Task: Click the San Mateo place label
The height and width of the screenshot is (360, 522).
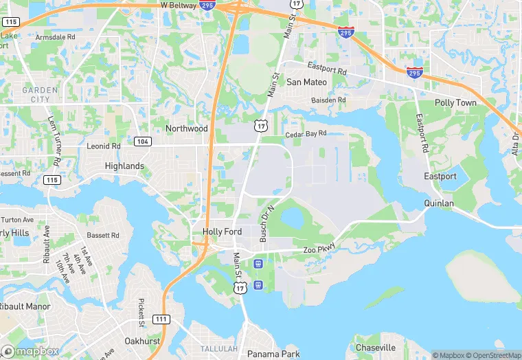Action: pyautogui.click(x=306, y=82)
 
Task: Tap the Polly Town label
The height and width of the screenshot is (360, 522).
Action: pyautogui.click(x=455, y=102)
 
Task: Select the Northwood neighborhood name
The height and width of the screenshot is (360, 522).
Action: pyautogui.click(x=186, y=128)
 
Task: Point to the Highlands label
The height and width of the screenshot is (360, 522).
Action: pyautogui.click(x=124, y=166)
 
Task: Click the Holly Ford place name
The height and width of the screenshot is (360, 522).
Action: pyautogui.click(x=222, y=232)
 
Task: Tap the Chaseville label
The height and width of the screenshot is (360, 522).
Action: pyautogui.click(x=376, y=348)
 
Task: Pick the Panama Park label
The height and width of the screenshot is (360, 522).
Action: pyautogui.click(x=273, y=355)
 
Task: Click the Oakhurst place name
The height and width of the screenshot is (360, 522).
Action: pyautogui.click(x=142, y=341)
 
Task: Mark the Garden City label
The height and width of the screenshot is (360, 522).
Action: pyautogui.click(x=36, y=95)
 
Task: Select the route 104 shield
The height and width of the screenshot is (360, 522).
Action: pyautogui.click(x=142, y=141)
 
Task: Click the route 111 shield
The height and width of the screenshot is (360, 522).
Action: pyautogui.click(x=161, y=319)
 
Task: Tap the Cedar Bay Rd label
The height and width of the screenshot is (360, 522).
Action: pyautogui.click(x=306, y=134)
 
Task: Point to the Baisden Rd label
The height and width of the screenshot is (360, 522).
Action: pyautogui.click(x=328, y=100)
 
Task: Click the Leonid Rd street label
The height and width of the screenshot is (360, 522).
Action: pyautogui.click(x=104, y=146)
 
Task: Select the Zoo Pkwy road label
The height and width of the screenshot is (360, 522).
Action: pyautogui.click(x=319, y=249)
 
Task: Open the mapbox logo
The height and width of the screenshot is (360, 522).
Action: pyautogui.click(x=30, y=351)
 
